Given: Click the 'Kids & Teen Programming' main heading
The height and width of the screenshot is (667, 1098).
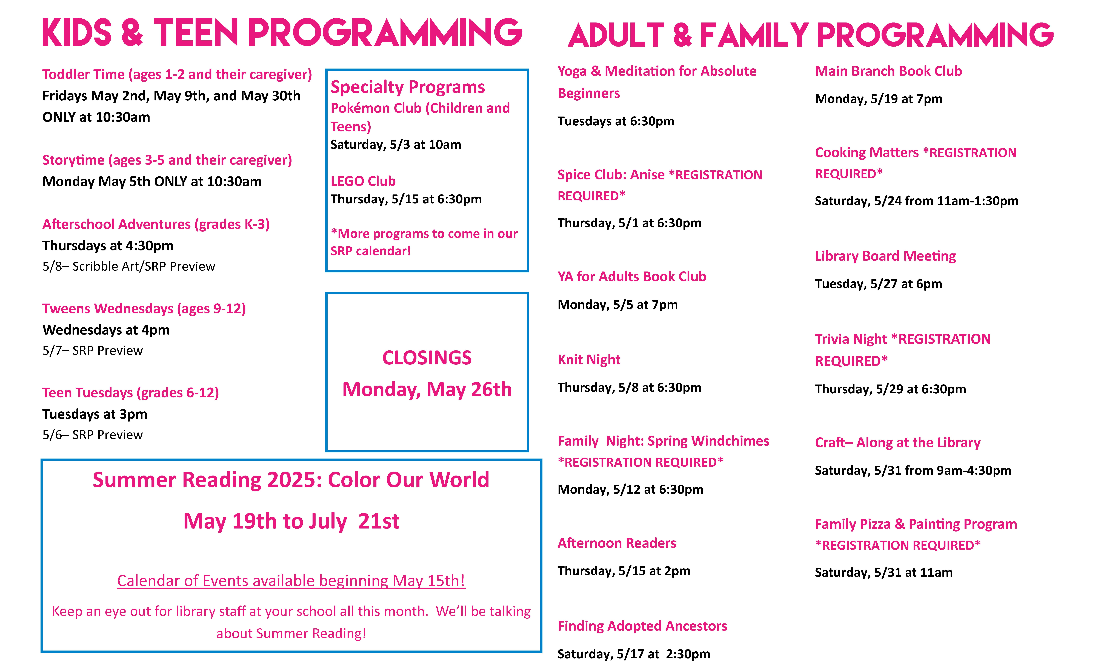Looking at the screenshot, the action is tap(282, 33).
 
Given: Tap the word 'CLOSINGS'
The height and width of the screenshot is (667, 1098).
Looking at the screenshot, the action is tap(427, 358).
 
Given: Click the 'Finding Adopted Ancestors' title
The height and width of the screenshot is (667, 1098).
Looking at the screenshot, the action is tap(642, 626).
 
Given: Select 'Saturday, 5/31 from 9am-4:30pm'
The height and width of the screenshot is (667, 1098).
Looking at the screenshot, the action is tap(913, 470).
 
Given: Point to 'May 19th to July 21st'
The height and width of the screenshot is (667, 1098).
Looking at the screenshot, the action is tap(291, 521).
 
